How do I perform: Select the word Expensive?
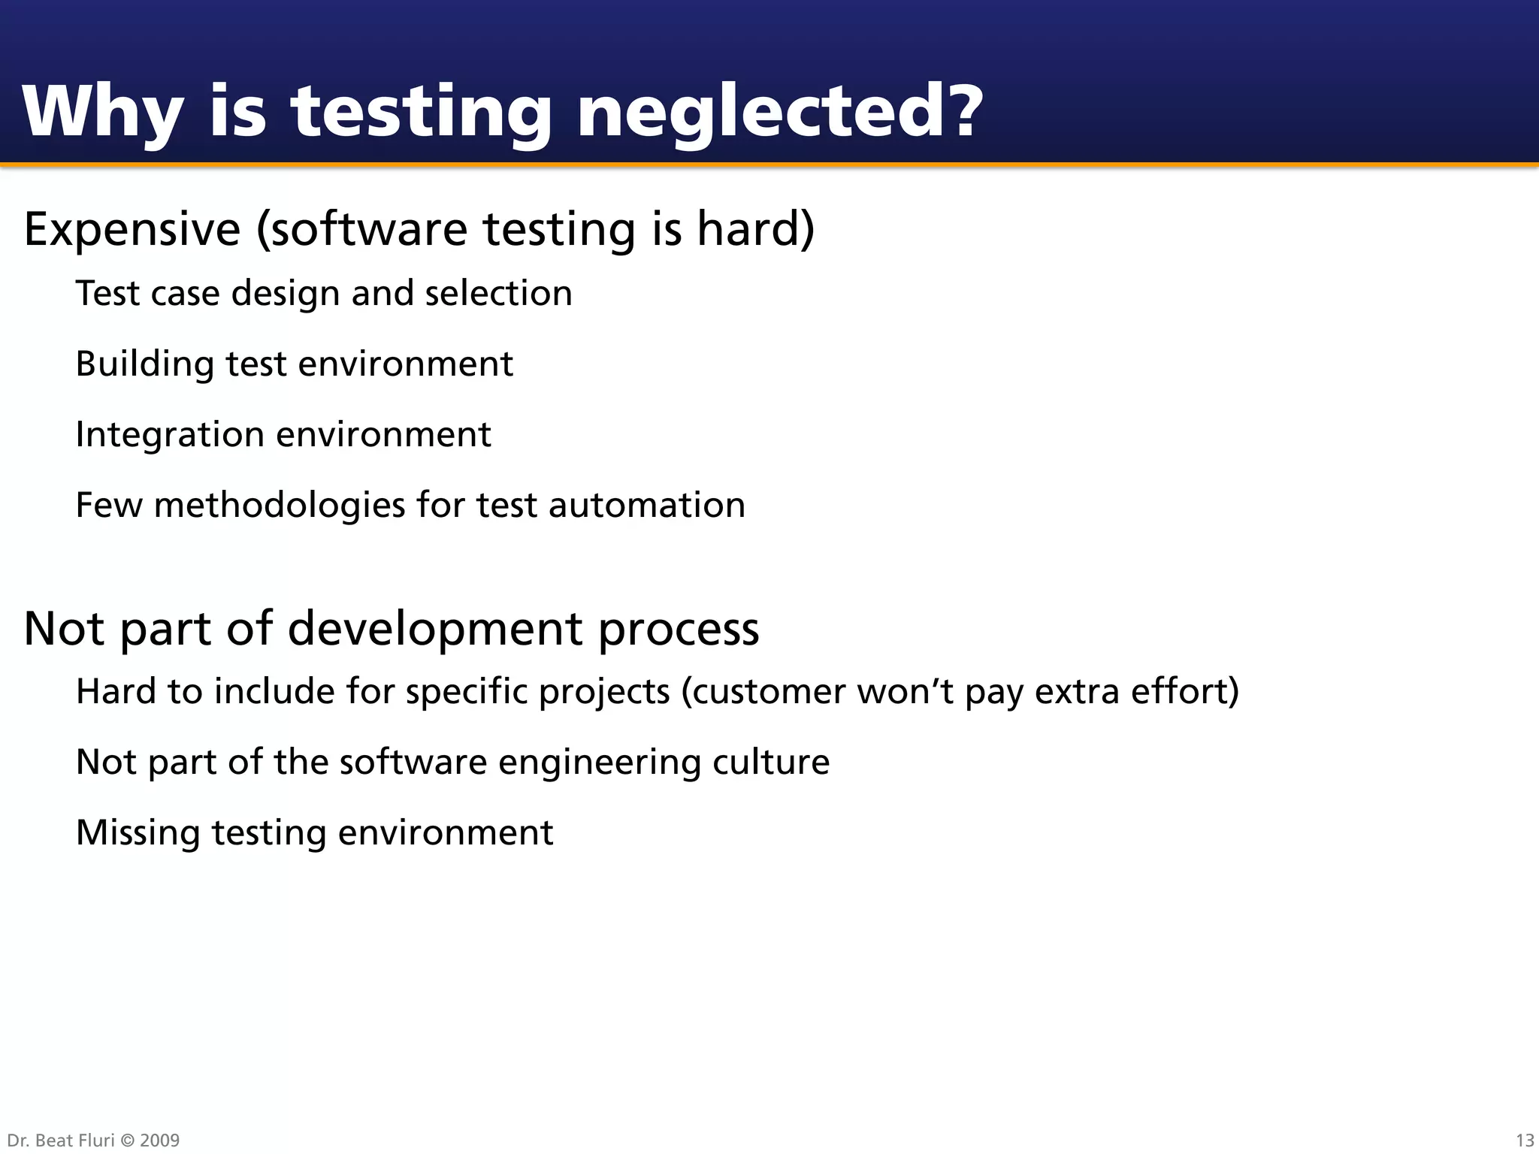(132, 229)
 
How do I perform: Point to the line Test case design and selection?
(324, 294)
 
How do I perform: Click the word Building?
(145, 364)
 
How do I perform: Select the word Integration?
(170, 435)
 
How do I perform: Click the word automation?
(647, 506)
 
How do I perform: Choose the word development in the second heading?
(435, 630)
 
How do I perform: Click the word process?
(679, 630)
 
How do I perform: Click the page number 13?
(1525, 1140)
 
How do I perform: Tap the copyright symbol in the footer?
(127, 1140)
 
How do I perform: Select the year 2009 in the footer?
(159, 1140)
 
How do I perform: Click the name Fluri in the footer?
(97, 1140)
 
